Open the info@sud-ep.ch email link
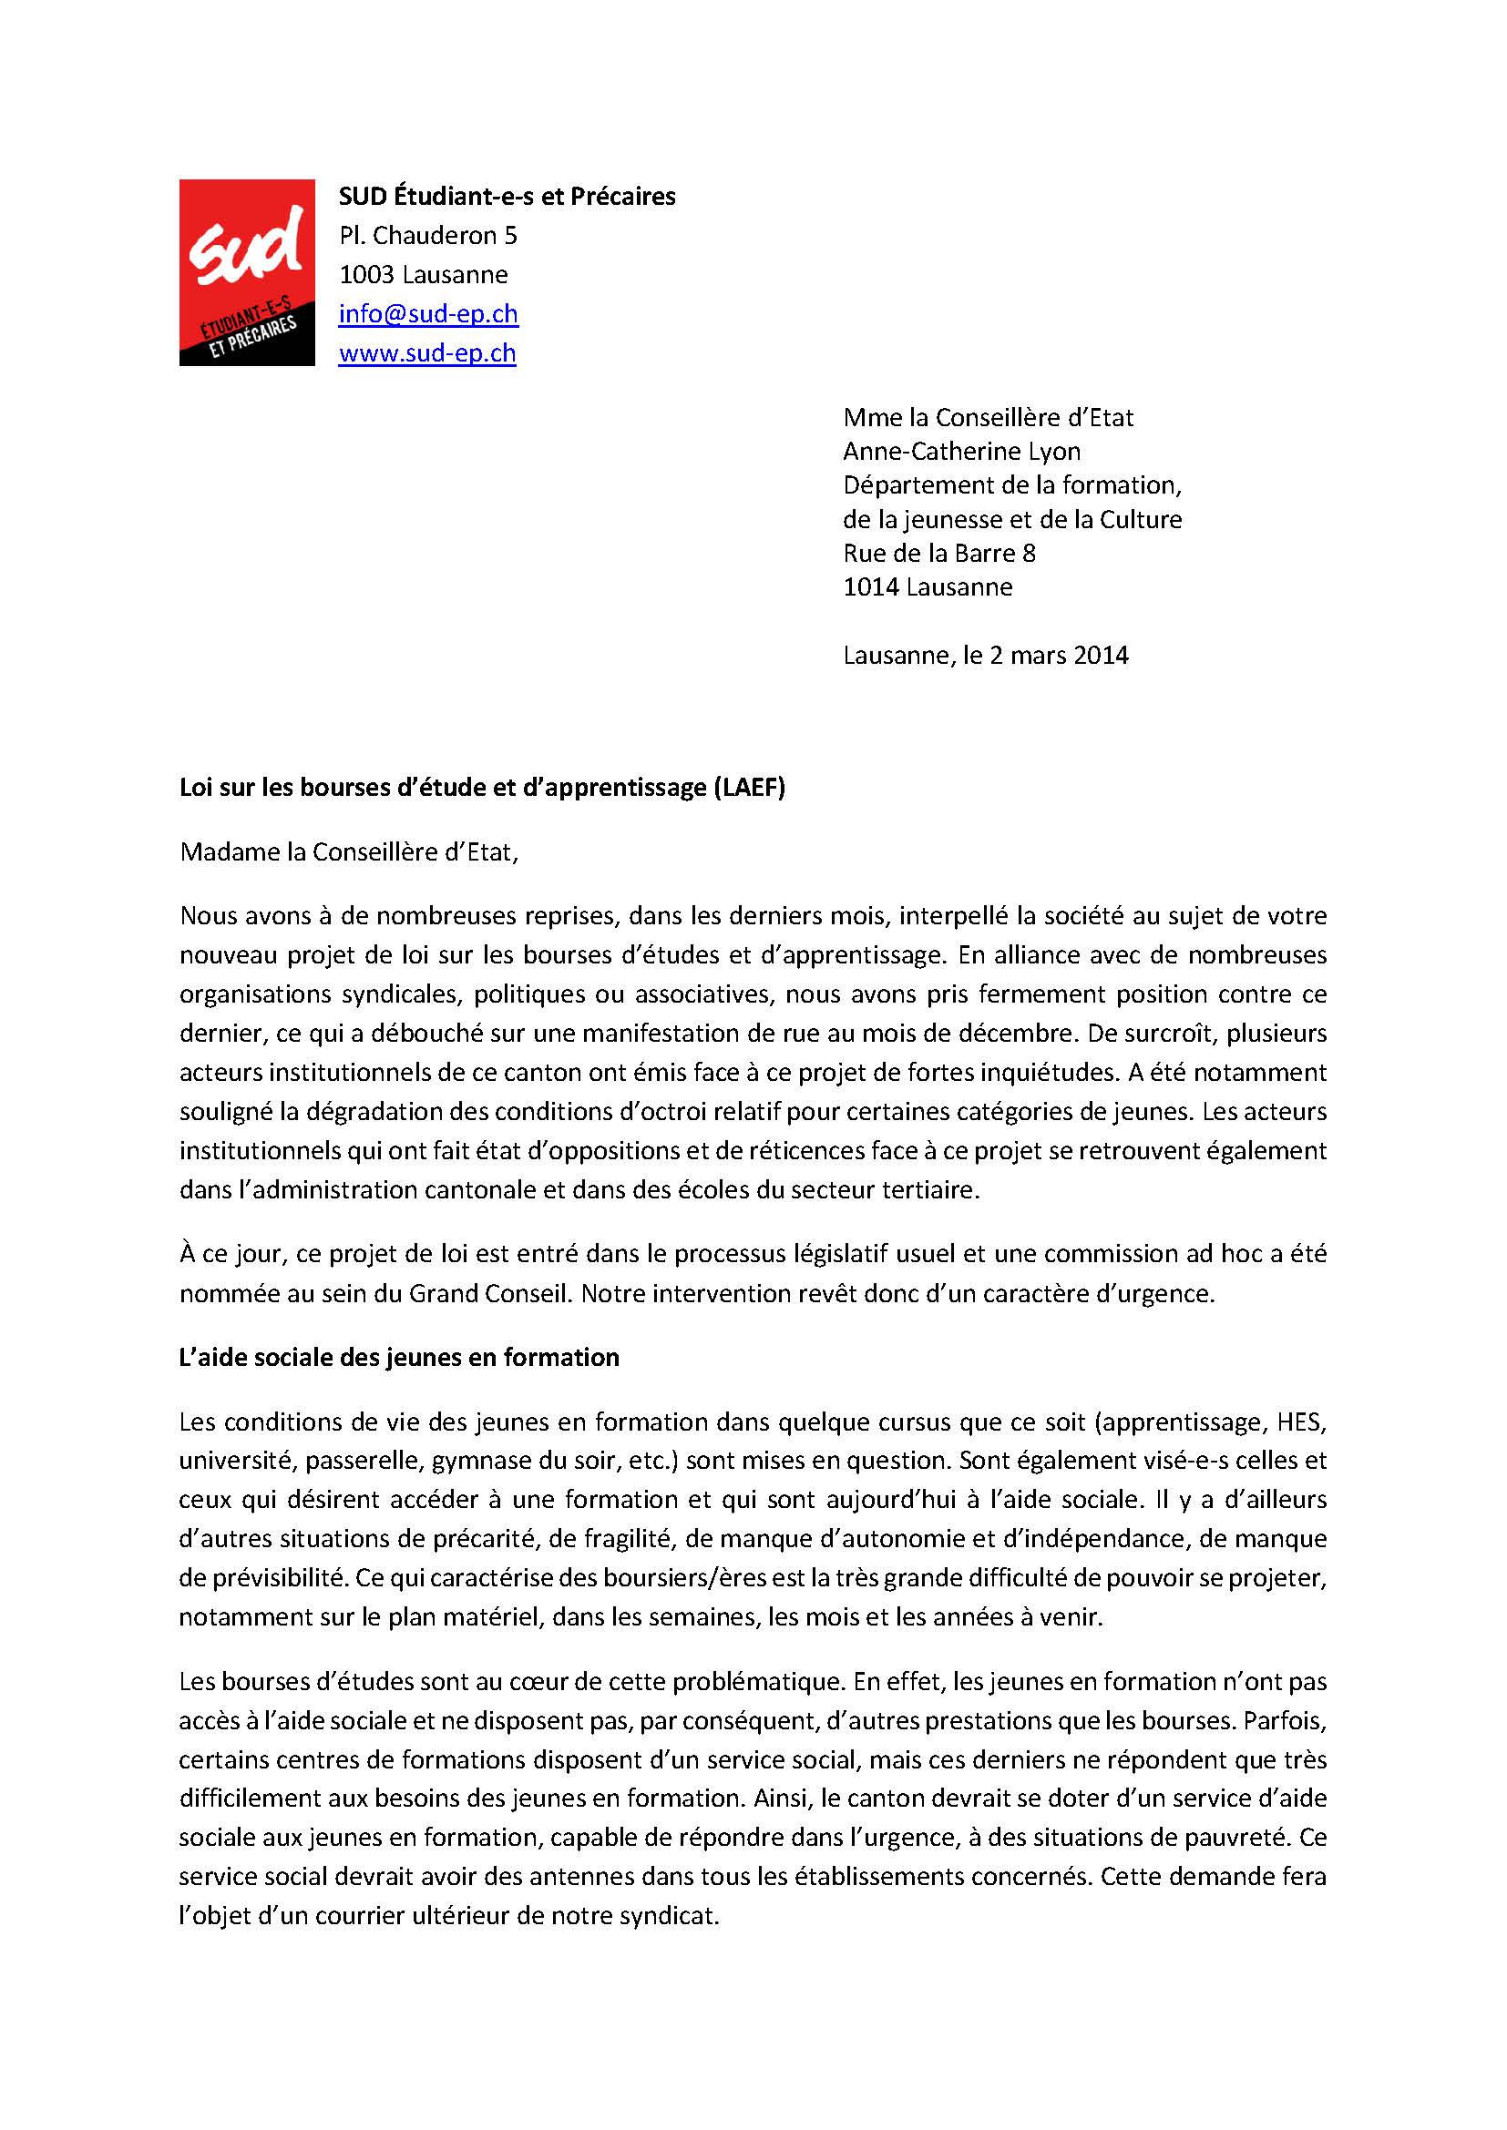(428, 313)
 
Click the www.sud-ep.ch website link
(426, 353)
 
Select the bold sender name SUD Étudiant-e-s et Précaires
(507, 197)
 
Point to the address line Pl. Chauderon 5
(428, 236)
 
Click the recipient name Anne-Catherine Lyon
(961, 452)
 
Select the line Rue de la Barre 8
(938, 554)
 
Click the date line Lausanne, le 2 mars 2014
(986, 656)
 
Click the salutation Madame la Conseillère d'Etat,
(349, 851)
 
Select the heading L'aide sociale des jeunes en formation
(399, 1357)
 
